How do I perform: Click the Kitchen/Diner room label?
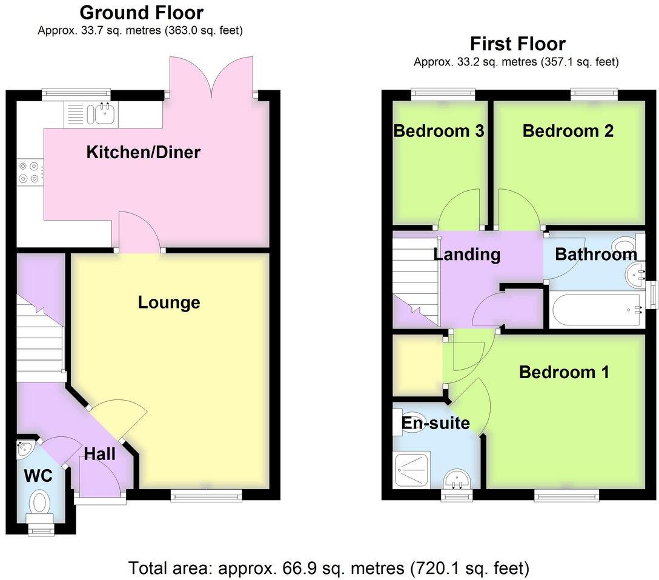point(143,152)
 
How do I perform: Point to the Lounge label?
point(168,302)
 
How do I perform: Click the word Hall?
point(100,453)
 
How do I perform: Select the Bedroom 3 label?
point(439,131)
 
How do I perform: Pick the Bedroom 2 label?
point(568,131)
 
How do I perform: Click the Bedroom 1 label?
point(564,372)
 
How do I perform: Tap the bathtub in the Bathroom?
point(596,309)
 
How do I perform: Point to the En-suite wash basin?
point(459,480)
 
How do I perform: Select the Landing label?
point(467,254)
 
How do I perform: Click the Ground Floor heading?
point(141,12)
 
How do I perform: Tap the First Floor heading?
point(517,44)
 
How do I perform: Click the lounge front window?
point(206,496)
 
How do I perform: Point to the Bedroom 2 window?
point(594,93)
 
